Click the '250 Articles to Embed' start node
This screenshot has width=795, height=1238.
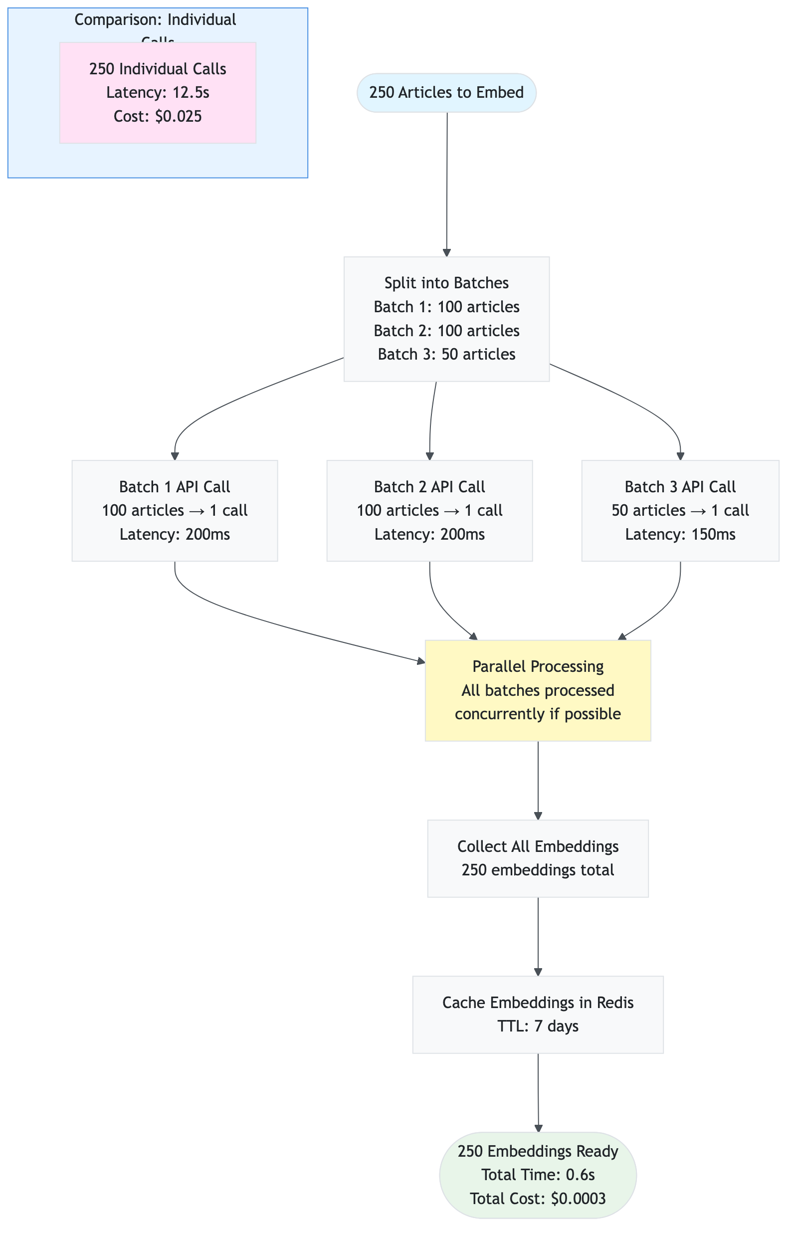pos(446,92)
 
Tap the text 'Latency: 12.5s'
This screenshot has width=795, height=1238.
pos(158,92)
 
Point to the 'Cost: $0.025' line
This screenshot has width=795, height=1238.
pos(158,116)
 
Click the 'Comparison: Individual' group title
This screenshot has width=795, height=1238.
pos(156,19)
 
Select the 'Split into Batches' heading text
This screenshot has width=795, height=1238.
pos(446,283)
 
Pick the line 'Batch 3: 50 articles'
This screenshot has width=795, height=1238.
pos(446,354)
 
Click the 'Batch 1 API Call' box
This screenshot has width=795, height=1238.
pos(175,510)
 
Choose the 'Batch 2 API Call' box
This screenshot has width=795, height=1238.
pos(429,510)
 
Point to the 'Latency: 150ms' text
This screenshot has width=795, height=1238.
pos(680,534)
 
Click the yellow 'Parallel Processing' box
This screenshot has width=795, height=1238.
pos(538,690)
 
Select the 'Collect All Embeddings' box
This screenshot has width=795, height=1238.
pos(538,858)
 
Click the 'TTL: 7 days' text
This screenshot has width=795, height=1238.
pos(538,1026)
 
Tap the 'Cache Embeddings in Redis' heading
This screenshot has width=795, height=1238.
pos(538,1002)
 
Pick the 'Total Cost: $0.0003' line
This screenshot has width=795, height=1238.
pos(538,1198)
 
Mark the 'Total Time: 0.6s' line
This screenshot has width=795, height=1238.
pos(538,1175)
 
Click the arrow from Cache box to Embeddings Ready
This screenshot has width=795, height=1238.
pos(538,1092)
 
